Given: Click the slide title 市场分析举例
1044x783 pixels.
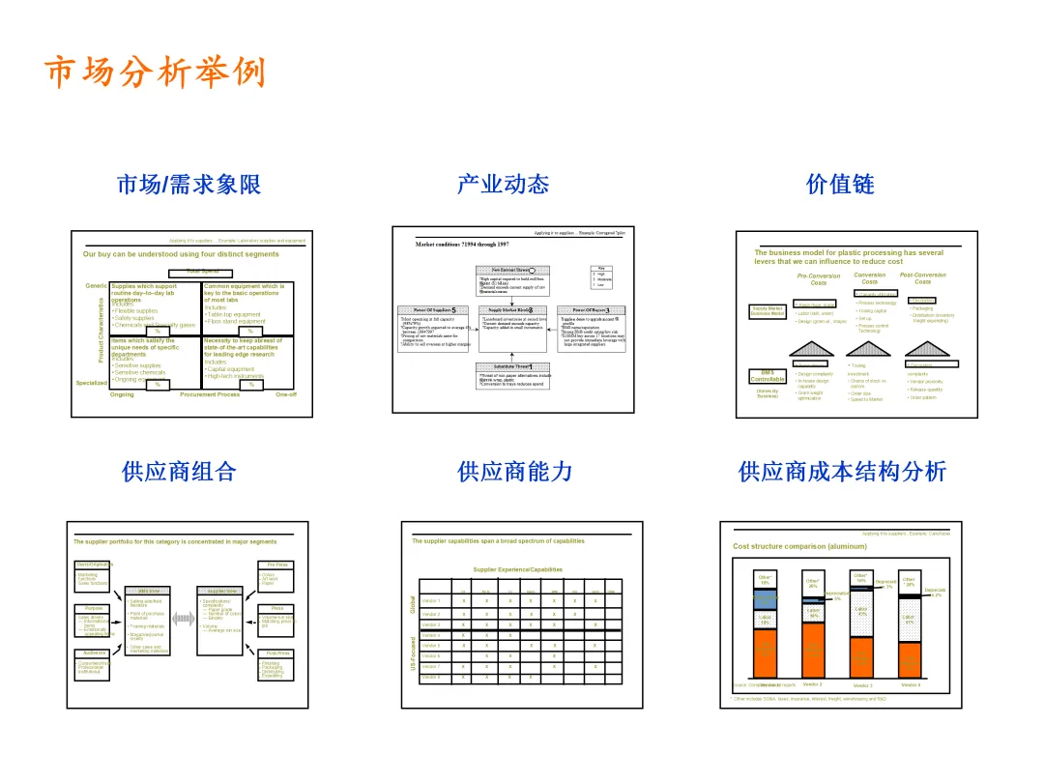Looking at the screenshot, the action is coord(155,73).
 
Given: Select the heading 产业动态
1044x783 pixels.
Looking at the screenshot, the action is coord(503,185).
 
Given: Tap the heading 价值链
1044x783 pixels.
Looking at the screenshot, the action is coord(840,185).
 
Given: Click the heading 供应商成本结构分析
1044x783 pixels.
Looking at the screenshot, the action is coord(842,472).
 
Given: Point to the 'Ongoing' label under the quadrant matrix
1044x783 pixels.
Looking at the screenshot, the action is coord(123,394).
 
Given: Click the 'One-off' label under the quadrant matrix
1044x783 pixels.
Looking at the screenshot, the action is coord(286,394).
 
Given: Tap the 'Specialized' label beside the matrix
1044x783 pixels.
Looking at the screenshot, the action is coord(92,383).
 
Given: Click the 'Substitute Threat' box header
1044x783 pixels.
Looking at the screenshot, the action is coord(512,366).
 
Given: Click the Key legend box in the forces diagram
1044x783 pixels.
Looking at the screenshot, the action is coord(601,277).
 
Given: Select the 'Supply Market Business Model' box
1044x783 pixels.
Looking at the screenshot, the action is coord(767,311).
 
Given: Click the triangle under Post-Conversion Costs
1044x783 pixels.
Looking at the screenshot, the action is coord(922,347).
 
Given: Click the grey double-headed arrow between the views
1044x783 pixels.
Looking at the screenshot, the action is coord(184,617).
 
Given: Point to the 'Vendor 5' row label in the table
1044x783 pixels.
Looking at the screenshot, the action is coord(431,646).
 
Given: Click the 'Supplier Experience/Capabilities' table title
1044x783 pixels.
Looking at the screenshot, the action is coord(517,569).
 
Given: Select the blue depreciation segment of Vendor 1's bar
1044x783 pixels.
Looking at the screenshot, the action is coord(766,599).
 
